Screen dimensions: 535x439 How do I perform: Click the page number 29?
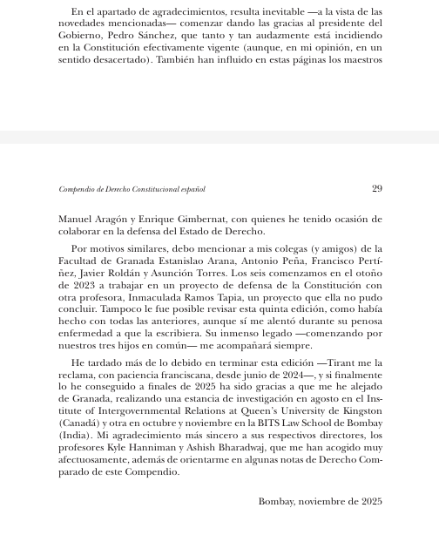point(376,188)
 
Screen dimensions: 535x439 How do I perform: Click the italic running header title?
point(132,188)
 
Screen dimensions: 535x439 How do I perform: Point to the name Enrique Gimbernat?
point(179,218)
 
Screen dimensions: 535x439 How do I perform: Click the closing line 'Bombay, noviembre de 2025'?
point(320,502)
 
